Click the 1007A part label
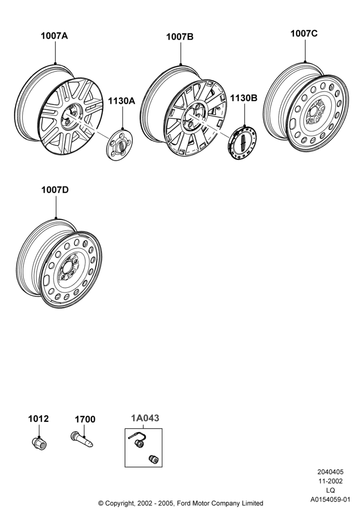54,36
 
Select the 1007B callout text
179,36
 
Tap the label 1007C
304,33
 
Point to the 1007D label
55,190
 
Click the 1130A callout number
122,101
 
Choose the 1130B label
244,98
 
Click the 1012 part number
39,419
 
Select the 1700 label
85,419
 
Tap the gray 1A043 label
145,418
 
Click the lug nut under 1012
40,443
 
